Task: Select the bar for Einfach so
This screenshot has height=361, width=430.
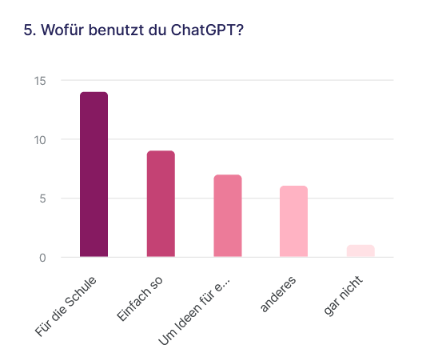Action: coord(161,204)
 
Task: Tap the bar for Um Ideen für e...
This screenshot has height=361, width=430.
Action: coord(227,216)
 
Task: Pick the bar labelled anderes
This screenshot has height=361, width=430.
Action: coord(293,222)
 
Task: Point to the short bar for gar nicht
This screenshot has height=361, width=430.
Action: coord(360,251)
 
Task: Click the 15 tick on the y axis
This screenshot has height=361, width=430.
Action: coord(39,81)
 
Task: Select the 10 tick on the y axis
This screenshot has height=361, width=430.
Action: coord(39,140)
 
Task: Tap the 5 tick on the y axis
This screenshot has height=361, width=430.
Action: coord(42,199)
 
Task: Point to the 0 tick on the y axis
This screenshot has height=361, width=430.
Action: coord(42,258)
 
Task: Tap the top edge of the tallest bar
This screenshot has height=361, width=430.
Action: coord(94,93)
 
